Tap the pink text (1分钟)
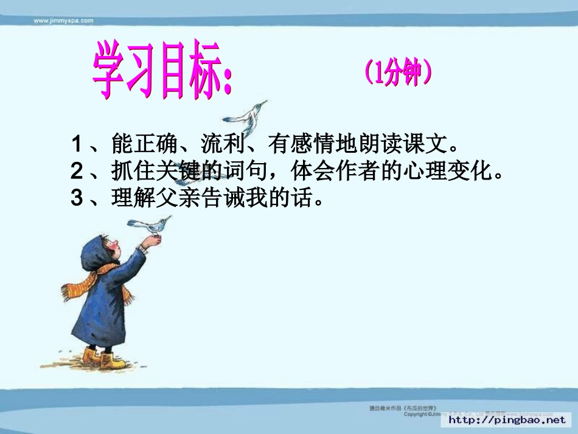pyautogui.click(x=399, y=74)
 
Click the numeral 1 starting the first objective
pyautogui.click(x=77, y=145)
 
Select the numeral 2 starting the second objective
pyautogui.click(x=77, y=172)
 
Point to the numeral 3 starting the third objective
pyautogui.click(x=77, y=198)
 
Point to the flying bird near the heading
pyautogui.click(x=246, y=116)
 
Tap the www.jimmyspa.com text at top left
pyautogui.click(x=63, y=20)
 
